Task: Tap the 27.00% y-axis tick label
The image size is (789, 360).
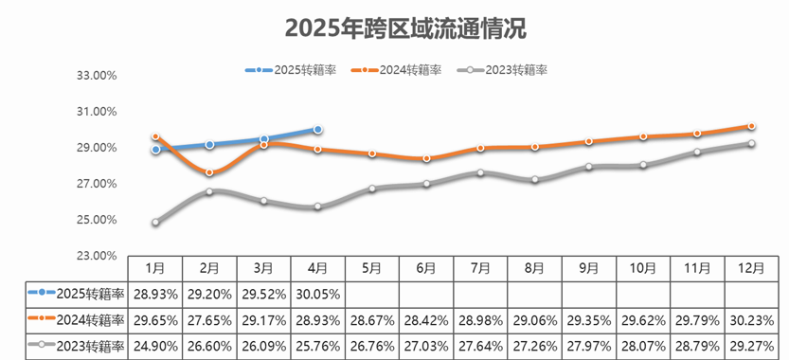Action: point(96,184)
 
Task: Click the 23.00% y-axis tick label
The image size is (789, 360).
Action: point(96,256)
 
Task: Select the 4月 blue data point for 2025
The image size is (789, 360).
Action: point(318,130)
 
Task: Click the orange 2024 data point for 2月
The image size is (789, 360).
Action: point(209,172)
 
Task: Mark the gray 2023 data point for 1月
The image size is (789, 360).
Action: point(155,223)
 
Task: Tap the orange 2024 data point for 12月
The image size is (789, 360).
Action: point(751,126)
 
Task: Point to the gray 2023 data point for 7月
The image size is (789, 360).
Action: point(480,172)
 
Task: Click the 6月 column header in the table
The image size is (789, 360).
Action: point(426,268)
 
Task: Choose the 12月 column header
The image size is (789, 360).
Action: point(751,268)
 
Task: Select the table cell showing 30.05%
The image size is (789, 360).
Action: point(318,294)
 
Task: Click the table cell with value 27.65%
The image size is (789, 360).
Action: point(209,320)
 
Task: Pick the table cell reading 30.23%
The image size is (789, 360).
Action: point(751,320)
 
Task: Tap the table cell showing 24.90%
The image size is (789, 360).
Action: point(155,346)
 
